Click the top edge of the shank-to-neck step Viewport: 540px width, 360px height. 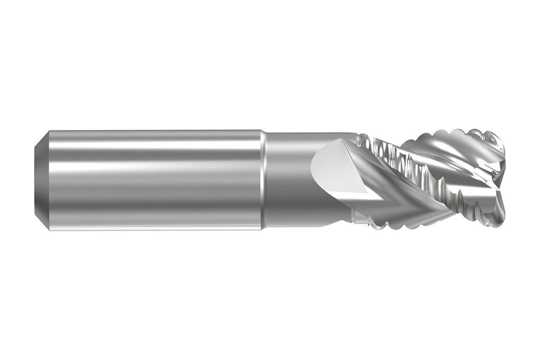point(262,132)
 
